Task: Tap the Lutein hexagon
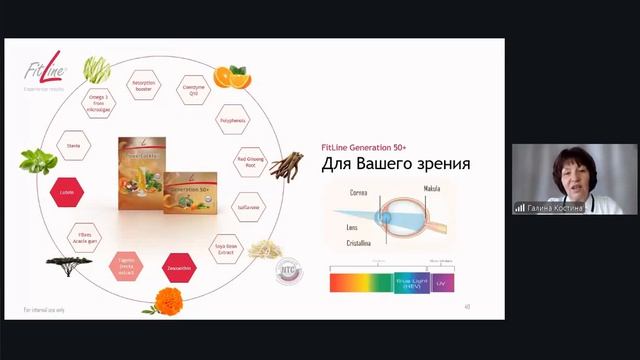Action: pyautogui.click(x=68, y=190)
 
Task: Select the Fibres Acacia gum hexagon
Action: pyautogui.click(x=83, y=237)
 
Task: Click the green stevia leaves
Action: pyautogui.click(x=36, y=160)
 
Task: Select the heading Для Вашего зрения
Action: pyautogui.click(x=396, y=163)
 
